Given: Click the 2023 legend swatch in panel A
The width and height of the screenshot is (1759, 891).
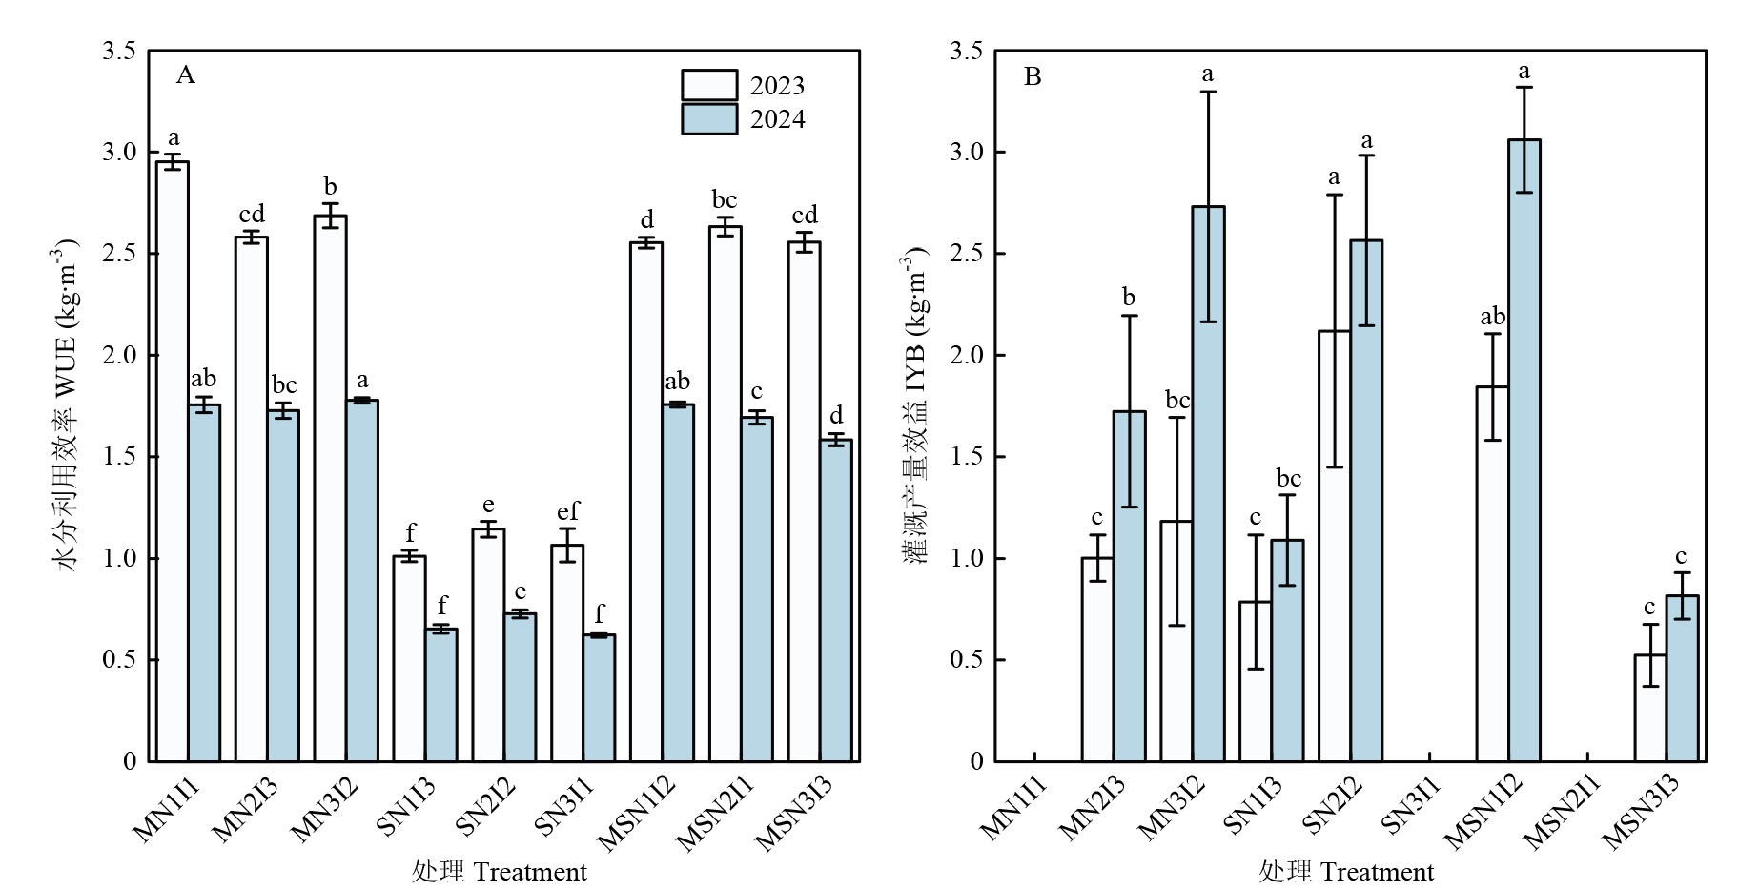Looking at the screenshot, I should (x=708, y=85).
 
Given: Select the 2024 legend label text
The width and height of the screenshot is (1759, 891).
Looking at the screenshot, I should (x=777, y=119).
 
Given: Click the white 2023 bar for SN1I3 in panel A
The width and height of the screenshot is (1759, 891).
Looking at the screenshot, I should (x=410, y=658).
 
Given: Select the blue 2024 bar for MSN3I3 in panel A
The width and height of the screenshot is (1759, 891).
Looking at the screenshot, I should (x=835, y=600).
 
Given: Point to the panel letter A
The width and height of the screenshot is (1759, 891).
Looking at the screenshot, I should (x=185, y=75).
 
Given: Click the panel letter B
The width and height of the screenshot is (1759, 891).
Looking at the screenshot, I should (x=1032, y=76).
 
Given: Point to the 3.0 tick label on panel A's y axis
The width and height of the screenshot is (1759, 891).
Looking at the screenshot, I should (x=119, y=153).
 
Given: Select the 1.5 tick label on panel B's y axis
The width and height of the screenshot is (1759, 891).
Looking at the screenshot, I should (x=966, y=457).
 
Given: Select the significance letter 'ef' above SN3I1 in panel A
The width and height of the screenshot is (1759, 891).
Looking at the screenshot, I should (x=567, y=511).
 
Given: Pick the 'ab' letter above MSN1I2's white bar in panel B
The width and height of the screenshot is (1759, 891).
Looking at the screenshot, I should (x=1492, y=317).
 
